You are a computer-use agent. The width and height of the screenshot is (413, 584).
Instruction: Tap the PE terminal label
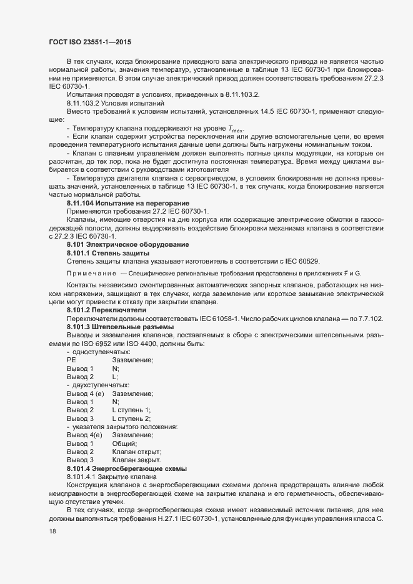coord(71,360)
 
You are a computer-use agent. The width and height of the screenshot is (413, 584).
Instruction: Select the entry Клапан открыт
coord(137,451)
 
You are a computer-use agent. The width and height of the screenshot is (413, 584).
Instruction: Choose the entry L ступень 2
coord(131,418)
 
